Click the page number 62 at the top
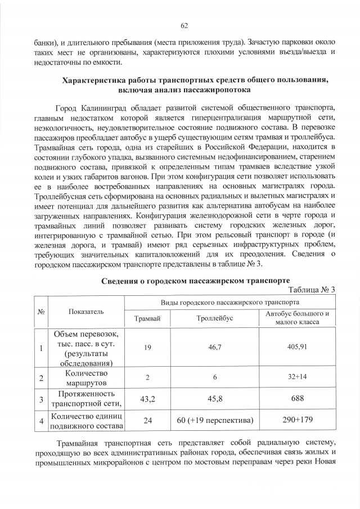(183, 26)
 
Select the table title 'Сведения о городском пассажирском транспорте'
(195, 281)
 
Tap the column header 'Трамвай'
(147, 318)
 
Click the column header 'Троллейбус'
(215, 318)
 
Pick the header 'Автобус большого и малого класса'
(297, 318)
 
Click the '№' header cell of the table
(40, 310)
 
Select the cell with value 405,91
(297, 347)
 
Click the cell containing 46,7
(215, 348)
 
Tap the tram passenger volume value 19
(147, 348)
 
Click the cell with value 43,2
(147, 399)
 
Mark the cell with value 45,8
(215, 399)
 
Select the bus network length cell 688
(297, 399)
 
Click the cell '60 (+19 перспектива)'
(215, 420)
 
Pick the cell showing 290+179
(297, 420)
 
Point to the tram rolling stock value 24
(147, 420)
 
